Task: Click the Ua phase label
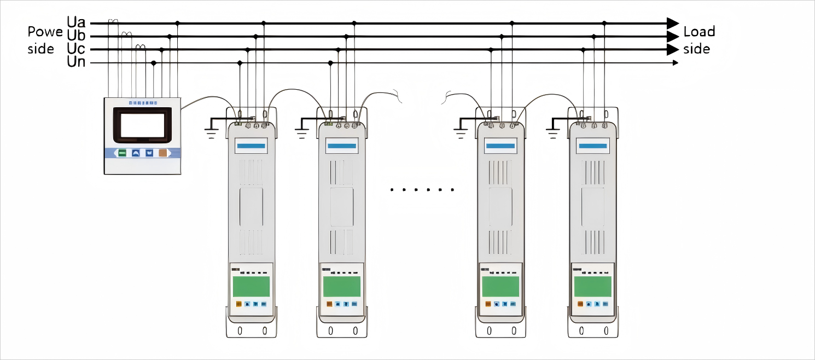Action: (x=76, y=23)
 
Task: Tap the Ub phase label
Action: (x=76, y=36)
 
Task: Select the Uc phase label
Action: (x=76, y=49)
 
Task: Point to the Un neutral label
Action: (x=76, y=62)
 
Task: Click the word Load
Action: (x=699, y=32)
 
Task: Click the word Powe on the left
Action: (x=45, y=32)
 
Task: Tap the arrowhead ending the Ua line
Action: (x=672, y=24)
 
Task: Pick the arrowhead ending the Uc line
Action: (x=672, y=50)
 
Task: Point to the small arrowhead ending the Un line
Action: (x=676, y=63)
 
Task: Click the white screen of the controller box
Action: (x=142, y=125)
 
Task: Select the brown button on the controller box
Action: (x=162, y=153)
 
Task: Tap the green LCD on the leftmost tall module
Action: (x=251, y=286)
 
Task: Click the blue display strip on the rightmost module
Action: (x=593, y=146)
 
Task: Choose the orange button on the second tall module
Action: (x=329, y=304)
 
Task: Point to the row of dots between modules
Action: (x=422, y=190)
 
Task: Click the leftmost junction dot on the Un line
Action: (x=154, y=63)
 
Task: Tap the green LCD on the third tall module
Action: (x=500, y=286)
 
